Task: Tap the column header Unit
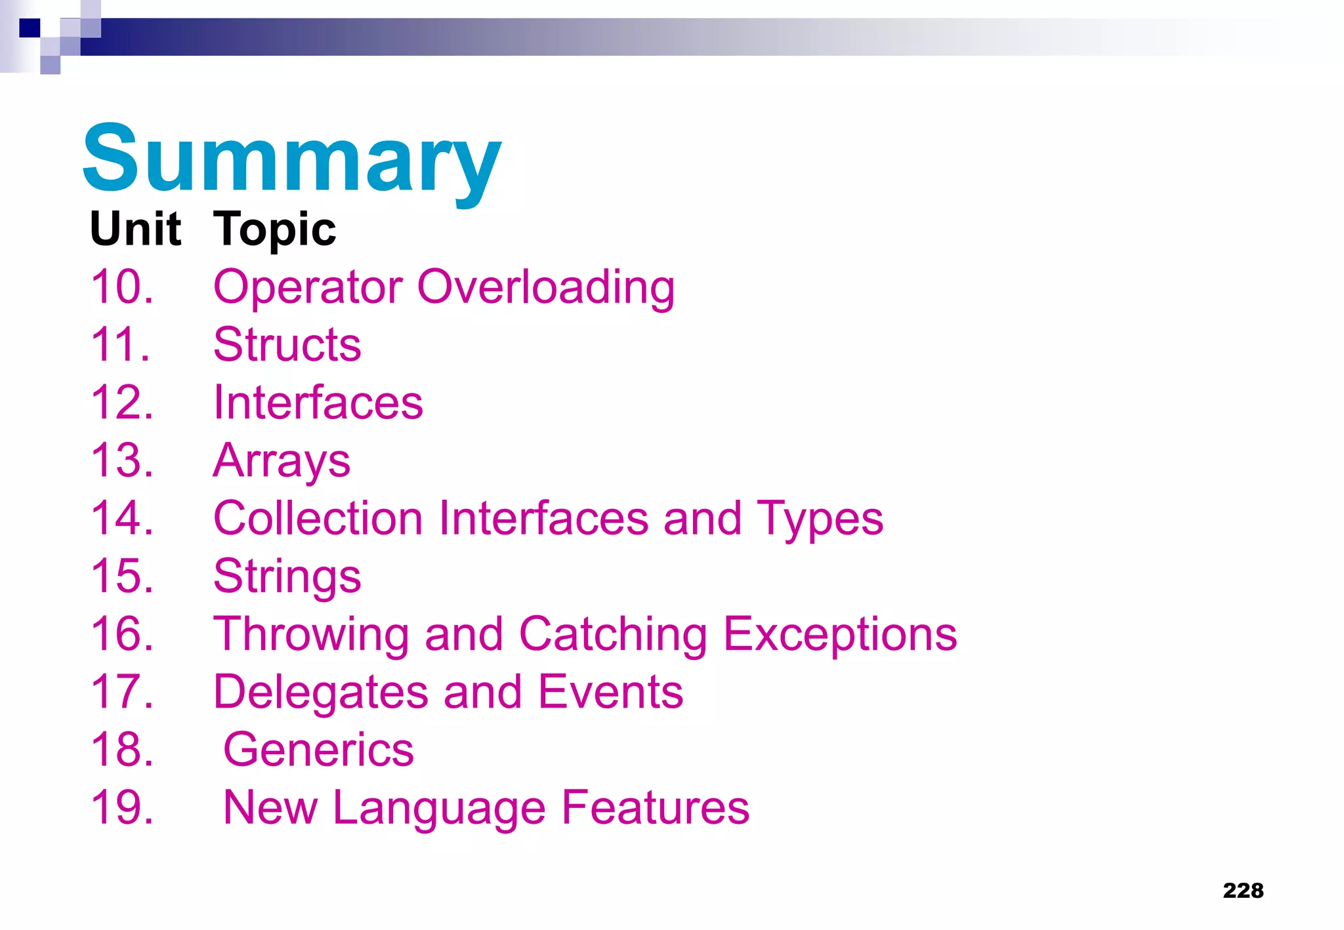pos(135,229)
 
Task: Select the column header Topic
pos(274,230)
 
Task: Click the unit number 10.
pos(122,287)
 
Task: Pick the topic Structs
pos(287,344)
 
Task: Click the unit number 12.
pos(122,402)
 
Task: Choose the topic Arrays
pos(282,461)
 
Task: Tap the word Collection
pos(318,518)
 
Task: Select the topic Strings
pos(287,576)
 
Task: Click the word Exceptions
pos(840,634)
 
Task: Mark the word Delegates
pos(321,693)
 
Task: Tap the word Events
pos(610,692)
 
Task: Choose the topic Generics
pos(318,750)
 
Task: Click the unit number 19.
pos(122,807)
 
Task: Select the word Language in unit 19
pos(439,808)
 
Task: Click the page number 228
pos(1243,890)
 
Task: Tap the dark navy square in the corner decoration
pos(30,28)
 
